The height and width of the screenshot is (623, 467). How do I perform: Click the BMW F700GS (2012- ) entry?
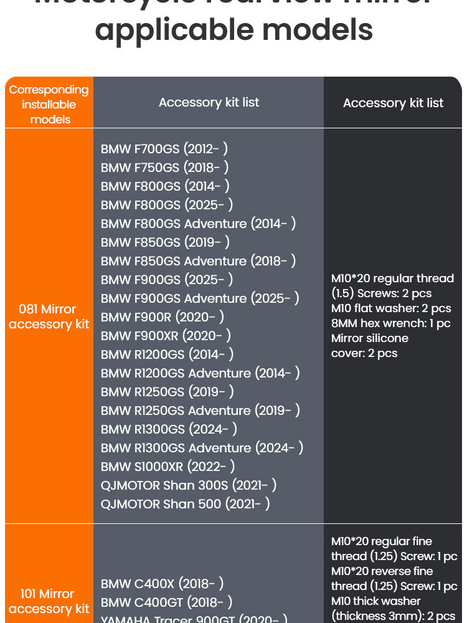tap(164, 149)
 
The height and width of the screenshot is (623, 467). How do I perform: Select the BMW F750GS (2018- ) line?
tap(164, 168)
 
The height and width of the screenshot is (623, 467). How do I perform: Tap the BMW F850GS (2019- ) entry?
tap(165, 242)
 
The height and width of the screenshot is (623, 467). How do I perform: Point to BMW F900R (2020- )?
tap(162, 317)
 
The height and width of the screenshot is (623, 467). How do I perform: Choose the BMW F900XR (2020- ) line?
tap(166, 336)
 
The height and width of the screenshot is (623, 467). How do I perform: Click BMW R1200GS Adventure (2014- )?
tap(200, 373)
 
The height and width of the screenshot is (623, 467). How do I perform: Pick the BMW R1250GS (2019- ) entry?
tap(167, 392)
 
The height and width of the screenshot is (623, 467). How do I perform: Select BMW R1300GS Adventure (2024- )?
tap(202, 448)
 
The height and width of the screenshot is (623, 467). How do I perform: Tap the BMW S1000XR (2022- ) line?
tap(167, 467)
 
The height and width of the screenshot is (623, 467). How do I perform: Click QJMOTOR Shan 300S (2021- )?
tap(189, 485)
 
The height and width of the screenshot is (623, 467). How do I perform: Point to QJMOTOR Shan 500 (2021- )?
tap(185, 504)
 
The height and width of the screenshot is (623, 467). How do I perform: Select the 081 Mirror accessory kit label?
tap(49, 316)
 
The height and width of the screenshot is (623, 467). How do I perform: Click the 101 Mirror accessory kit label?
tap(49, 601)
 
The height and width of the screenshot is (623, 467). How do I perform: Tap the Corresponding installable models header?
tap(49, 104)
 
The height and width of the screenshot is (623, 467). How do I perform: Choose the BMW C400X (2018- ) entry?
tap(162, 584)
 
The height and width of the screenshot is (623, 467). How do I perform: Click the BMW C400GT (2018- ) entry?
tap(166, 602)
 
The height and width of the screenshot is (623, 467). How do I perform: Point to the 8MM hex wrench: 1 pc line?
tap(390, 323)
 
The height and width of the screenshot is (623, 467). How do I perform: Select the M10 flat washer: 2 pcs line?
tap(391, 308)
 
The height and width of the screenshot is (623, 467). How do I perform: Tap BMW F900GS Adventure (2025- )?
tap(200, 298)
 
